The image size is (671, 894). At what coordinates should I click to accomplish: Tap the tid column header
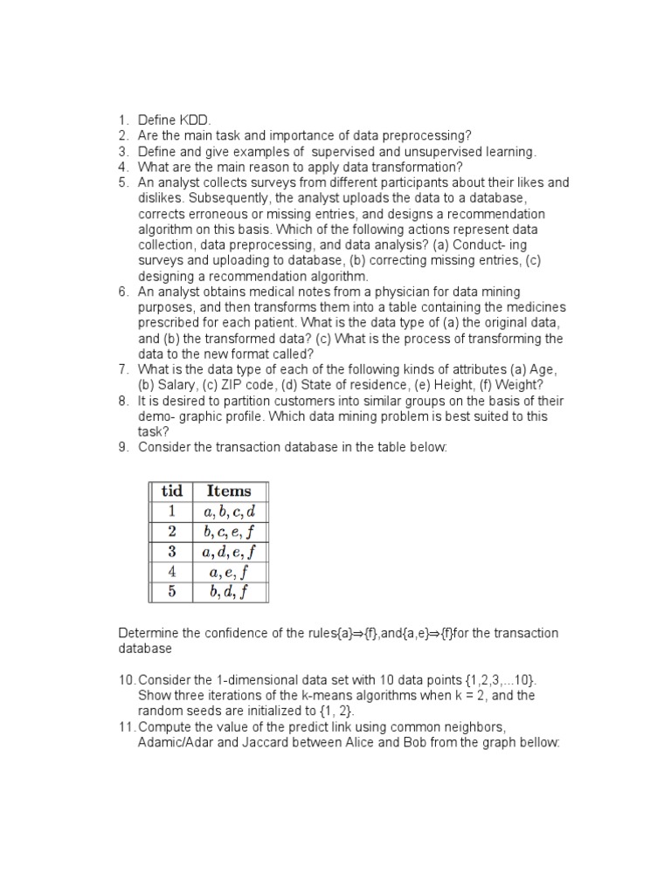click(x=171, y=491)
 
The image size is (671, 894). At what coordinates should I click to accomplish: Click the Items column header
click(x=228, y=491)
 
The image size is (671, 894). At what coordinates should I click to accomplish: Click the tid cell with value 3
click(x=171, y=552)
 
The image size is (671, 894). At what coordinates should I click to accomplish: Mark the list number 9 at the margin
click(x=123, y=448)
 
